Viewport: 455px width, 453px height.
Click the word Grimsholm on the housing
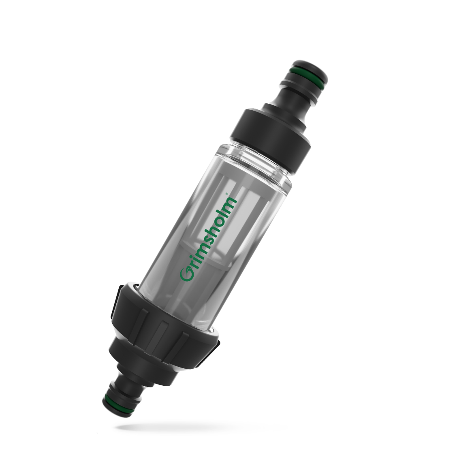[208, 239]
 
